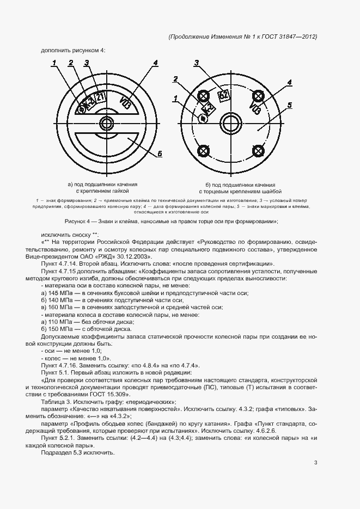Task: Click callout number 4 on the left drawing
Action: (x=155, y=63)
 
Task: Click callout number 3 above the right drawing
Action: (x=197, y=63)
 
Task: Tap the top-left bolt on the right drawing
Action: (x=204, y=97)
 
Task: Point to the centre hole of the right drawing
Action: (x=230, y=123)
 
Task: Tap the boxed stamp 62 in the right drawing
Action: (x=223, y=96)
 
